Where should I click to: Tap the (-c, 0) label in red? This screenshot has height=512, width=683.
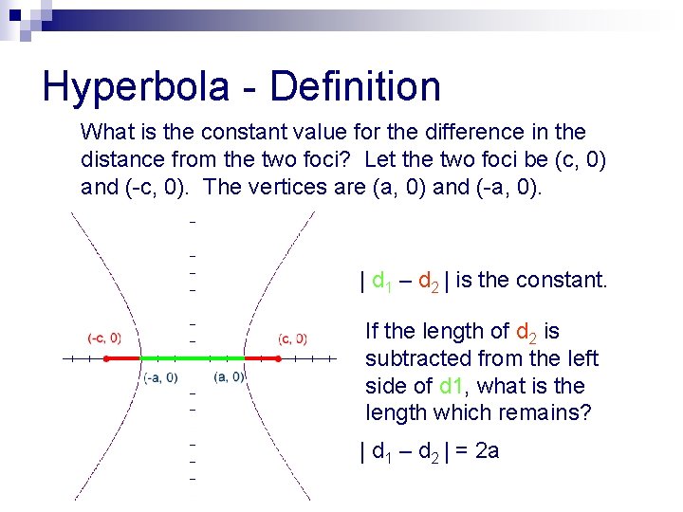coord(103,338)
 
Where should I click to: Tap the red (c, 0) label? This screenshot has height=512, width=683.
coord(291,338)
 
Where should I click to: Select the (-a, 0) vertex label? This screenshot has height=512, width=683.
coord(159,377)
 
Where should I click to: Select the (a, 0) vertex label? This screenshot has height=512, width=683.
coord(229,376)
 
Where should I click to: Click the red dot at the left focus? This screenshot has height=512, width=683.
coord(107,359)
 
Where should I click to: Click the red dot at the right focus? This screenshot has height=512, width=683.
coord(278,359)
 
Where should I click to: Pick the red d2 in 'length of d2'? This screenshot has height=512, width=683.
coord(526,331)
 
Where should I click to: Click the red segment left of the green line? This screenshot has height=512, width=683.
coord(123,359)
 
